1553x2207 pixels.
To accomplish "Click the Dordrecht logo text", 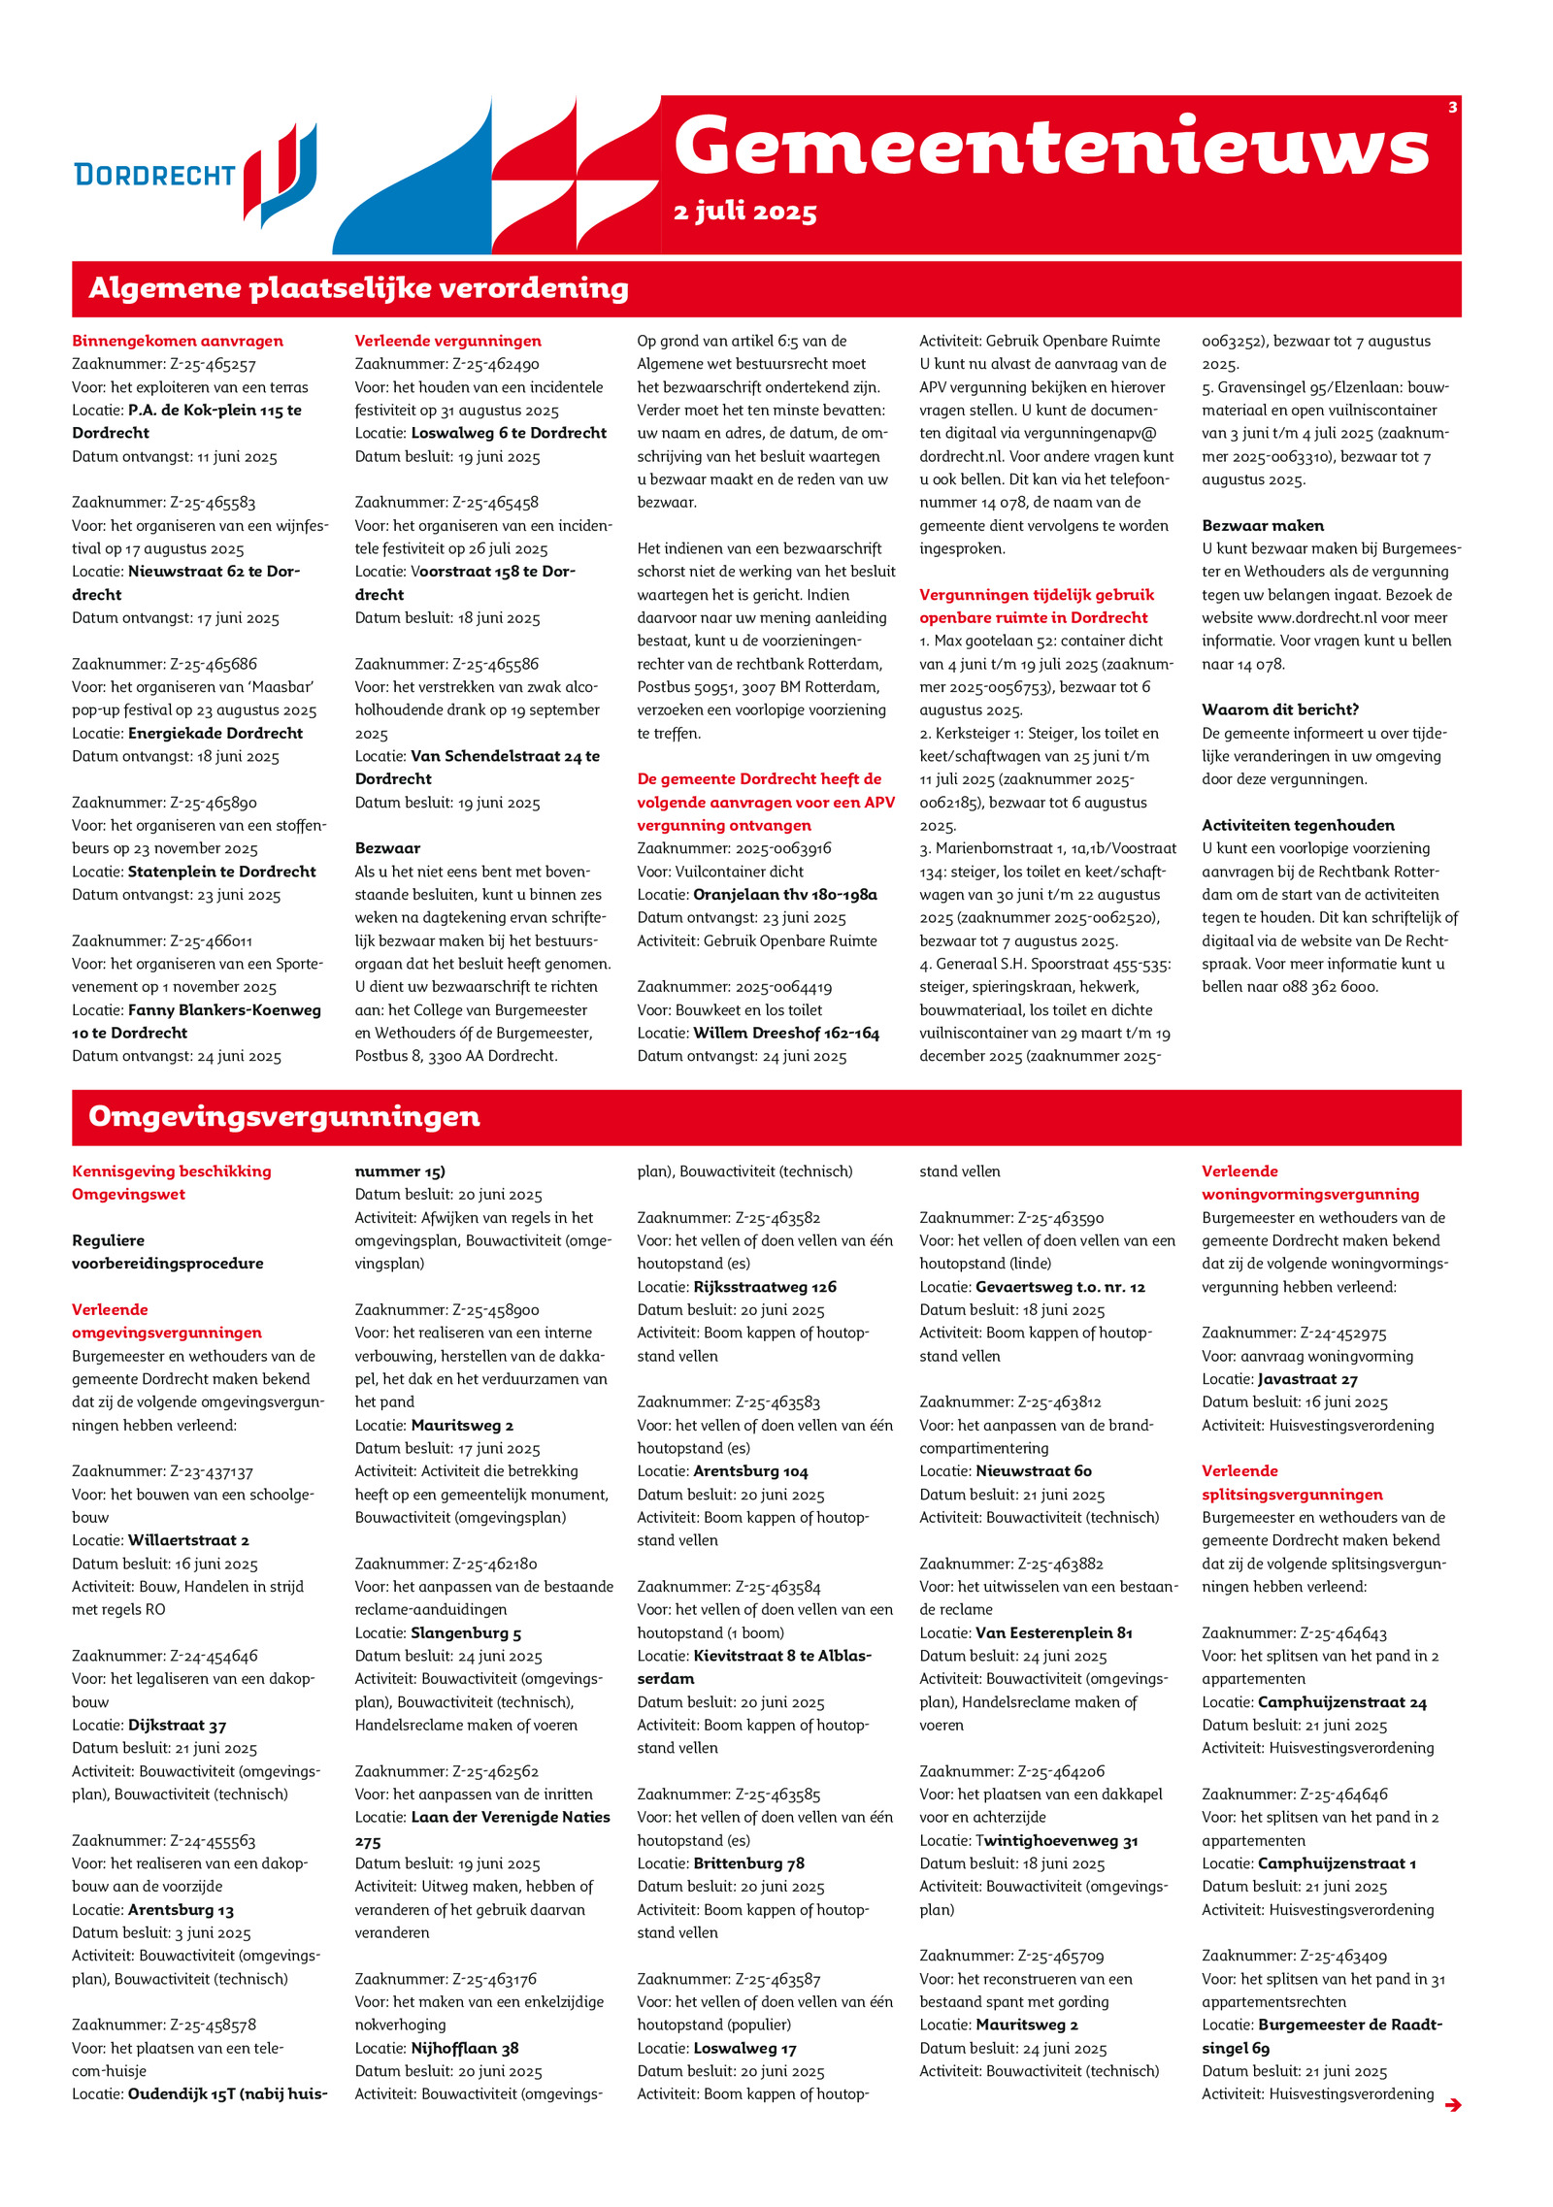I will [155, 175].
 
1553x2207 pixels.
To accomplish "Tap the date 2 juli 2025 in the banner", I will [744, 212].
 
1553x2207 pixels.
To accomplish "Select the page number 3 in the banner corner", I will [1452, 108].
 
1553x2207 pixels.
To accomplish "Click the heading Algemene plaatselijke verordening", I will [358, 288].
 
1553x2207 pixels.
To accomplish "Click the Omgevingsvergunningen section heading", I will [283, 1116].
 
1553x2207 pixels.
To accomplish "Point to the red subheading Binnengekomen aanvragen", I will [178, 341].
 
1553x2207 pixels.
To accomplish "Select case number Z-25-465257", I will [213, 364].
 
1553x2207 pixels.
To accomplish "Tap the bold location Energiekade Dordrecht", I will [215, 733].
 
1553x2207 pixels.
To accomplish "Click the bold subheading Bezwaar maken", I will [1263, 525].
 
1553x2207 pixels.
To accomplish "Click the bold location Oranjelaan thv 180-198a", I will [784, 894].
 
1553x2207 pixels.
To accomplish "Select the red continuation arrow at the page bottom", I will [1452, 2104].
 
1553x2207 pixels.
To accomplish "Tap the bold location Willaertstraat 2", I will [188, 1540].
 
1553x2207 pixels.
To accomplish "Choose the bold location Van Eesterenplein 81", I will [1054, 1632].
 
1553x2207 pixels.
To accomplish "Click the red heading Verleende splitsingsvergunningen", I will [1292, 1482].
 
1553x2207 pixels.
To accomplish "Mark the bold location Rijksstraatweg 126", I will [765, 1287].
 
